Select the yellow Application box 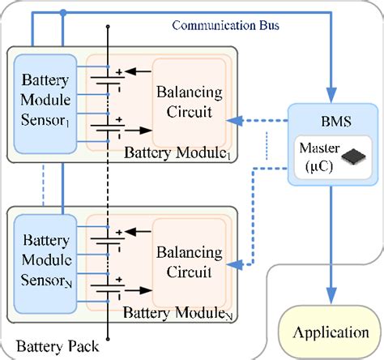[x=330, y=332]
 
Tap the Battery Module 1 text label [x=177, y=153]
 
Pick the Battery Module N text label [x=177, y=312]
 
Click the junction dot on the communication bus [x=62, y=13]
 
